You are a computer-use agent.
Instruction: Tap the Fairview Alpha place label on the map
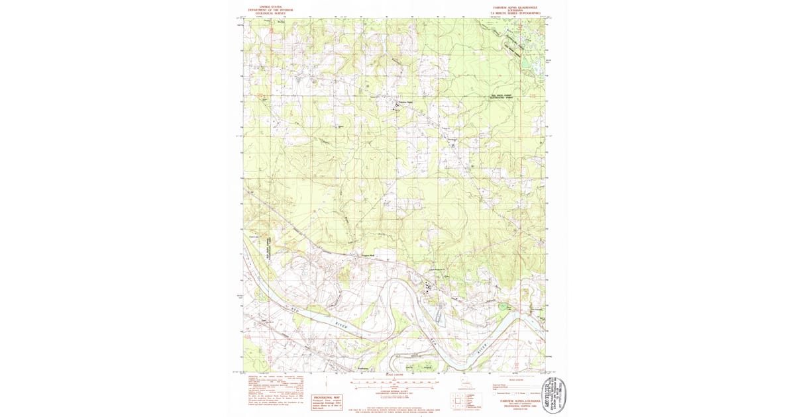coord(404,103)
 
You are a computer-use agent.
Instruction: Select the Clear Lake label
coord(253,236)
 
